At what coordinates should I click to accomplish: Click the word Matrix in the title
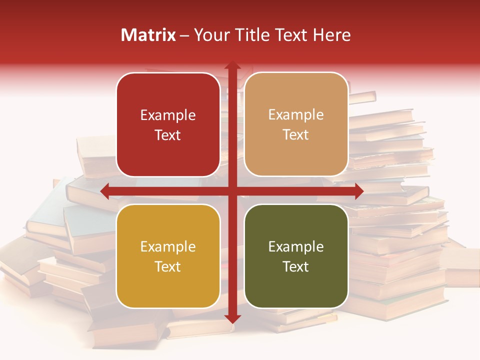[148, 35]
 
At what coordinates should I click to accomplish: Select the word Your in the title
[211, 35]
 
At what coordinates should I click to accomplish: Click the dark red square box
[168, 124]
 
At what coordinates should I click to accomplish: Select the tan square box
[296, 124]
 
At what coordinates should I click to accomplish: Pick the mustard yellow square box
[168, 256]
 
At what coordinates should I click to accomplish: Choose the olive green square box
[296, 256]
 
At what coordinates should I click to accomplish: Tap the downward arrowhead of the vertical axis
[232, 318]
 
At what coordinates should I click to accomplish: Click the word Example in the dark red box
[168, 115]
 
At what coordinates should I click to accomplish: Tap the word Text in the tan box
[296, 135]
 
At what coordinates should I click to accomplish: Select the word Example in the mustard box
[168, 247]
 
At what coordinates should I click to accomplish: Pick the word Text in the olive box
[296, 266]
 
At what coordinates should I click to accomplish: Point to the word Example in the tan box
[296, 115]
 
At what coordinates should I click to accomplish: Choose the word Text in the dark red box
[168, 135]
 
